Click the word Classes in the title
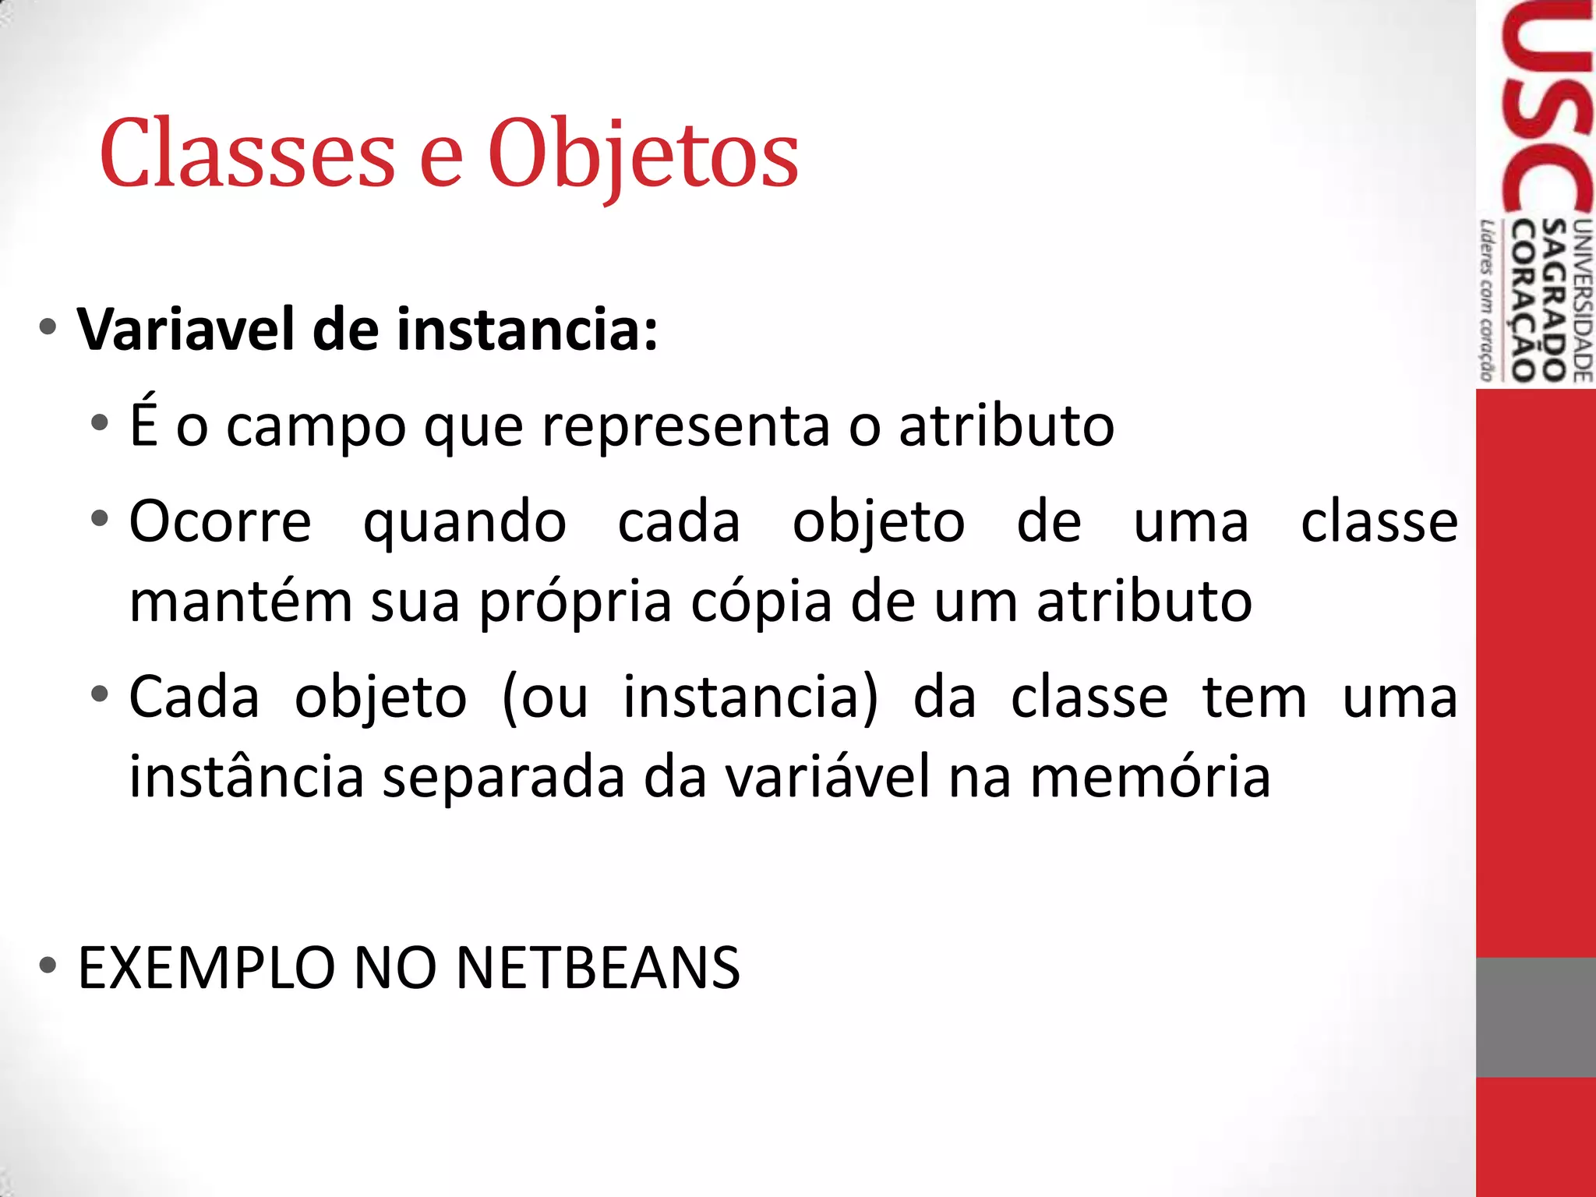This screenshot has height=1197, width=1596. pos(248,154)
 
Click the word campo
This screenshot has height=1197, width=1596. pos(316,427)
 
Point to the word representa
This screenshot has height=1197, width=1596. pos(686,427)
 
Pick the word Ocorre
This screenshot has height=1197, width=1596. pos(221,521)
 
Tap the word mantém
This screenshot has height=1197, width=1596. pos(241,602)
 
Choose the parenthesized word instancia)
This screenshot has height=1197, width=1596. pos(750,697)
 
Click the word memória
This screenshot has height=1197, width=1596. pos(1150,778)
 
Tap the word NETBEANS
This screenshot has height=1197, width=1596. pos(598,969)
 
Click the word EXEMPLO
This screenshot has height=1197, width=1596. pos(207,969)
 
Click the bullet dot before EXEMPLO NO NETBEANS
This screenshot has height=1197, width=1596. pos(48,966)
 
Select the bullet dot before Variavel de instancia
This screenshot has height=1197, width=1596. pos(48,328)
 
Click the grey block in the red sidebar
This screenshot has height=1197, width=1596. pos(1535,1017)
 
